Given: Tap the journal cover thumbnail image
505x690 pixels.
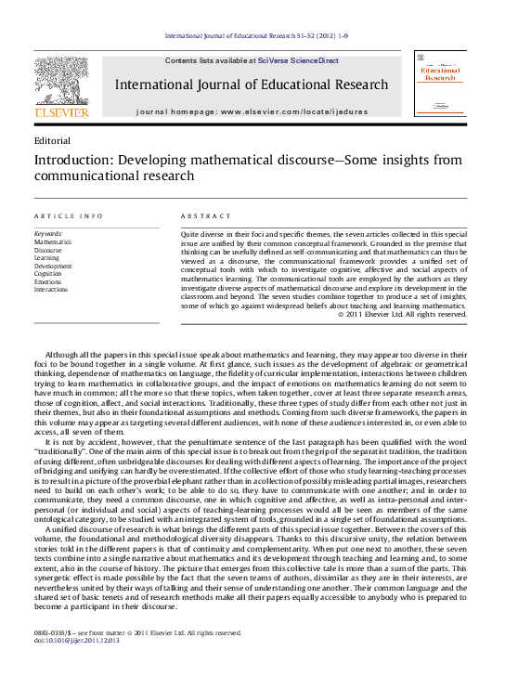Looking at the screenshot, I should [441, 84].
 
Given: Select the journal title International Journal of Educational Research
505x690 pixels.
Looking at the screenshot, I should [251, 85].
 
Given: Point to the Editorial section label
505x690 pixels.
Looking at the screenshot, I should [51, 140].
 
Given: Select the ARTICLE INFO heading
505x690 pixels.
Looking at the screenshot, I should [69, 215].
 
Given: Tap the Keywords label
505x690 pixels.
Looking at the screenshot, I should [48, 234].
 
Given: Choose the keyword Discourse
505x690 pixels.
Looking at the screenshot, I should [48, 250].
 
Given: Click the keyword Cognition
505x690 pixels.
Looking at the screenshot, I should [48, 274].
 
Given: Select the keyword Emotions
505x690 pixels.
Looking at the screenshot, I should [48, 281].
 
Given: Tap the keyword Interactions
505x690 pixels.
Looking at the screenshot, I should [51, 290].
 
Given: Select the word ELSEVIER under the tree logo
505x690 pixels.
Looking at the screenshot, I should [61, 112].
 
